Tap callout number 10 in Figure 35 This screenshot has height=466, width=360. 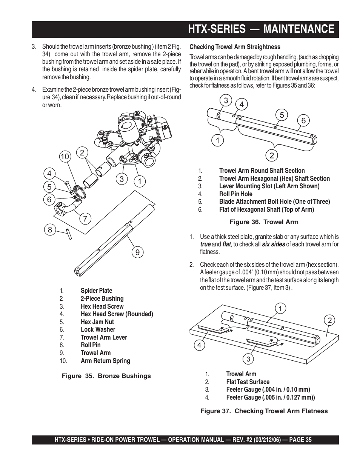(x=65, y=156)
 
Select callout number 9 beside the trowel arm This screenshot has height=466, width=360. (x=137, y=252)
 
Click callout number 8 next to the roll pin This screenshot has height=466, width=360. (x=50, y=229)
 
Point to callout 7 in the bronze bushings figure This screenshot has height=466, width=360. (x=85, y=218)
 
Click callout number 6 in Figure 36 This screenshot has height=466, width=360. (x=303, y=121)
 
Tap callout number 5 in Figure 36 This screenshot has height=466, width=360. (x=282, y=115)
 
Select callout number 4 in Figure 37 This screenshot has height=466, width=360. (x=199, y=345)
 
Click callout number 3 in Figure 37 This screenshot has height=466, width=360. (x=248, y=359)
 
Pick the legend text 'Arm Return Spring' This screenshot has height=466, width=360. (x=105, y=361)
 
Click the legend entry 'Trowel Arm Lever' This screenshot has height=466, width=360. (x=104, y=337)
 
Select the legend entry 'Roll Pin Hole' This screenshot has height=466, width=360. (x=236, y=194)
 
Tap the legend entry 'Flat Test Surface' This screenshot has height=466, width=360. (x=248, y=382)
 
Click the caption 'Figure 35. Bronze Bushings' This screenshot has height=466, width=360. (x=106, y=376)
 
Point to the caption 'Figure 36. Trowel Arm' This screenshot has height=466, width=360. (x=264, y=222)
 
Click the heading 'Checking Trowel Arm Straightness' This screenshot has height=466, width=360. (x=235, y=47)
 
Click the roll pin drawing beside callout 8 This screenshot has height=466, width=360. (x=69, y=233)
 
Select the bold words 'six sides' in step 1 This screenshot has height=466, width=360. (x=274, y=245)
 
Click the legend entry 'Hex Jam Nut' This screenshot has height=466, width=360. (x=97, y=322)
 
